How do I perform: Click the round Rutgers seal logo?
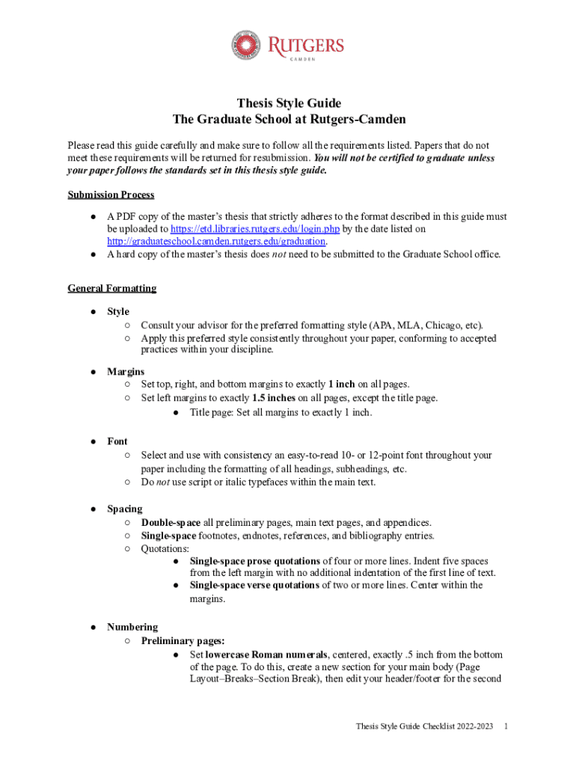coord(246,46)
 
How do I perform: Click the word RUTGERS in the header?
coord(301,43)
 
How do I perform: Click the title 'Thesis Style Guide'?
coord(289,103)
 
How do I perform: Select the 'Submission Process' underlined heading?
coord(111,194)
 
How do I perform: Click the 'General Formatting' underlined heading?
coord(111,288)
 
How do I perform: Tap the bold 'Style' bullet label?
coord(118,311)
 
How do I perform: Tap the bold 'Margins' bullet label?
coord(126,371)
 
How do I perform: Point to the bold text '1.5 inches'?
coord(274,398)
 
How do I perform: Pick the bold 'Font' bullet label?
coord(117,441)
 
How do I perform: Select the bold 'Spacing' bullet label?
coord(124,509)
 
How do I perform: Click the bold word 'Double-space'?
coord(171,522)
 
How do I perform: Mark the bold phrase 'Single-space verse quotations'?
coord(254,585)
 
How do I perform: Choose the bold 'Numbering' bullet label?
coord(132,627)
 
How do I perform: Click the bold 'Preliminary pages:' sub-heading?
coord(183,640)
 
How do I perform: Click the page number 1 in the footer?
coord(507,726)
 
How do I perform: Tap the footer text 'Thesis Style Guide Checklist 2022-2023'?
coord(424,726)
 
